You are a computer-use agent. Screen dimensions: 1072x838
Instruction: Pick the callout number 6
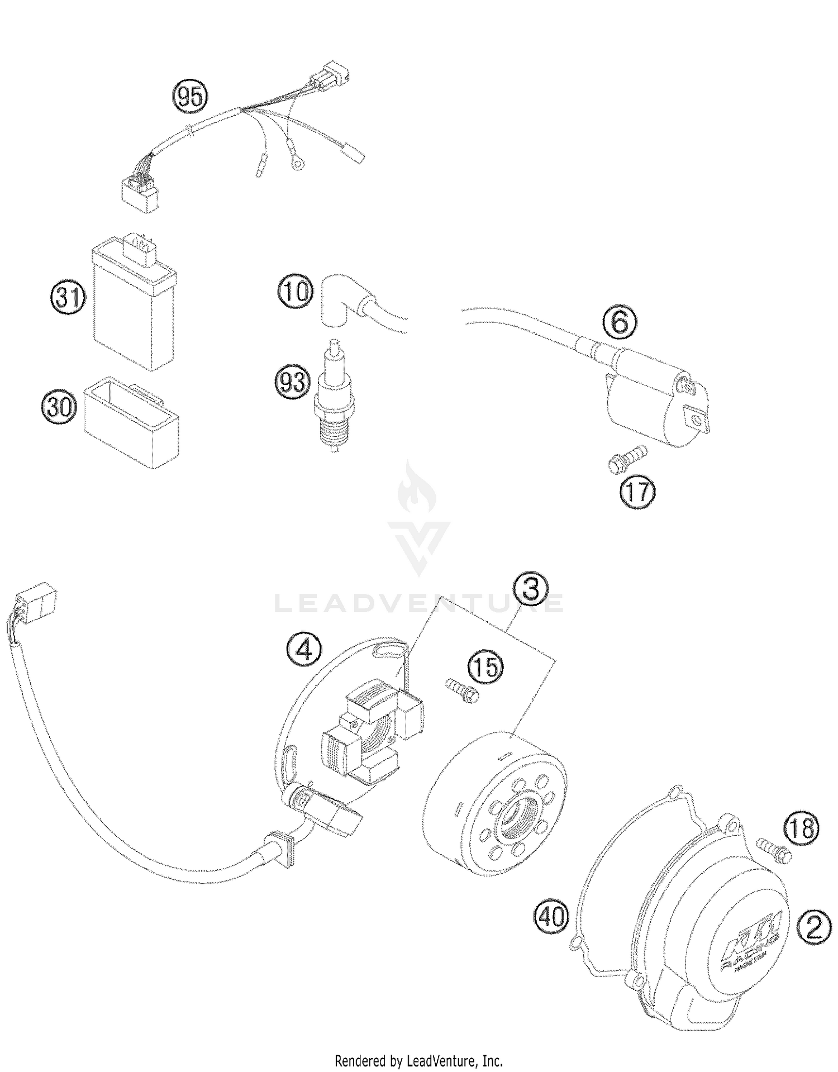(x=619, y=323)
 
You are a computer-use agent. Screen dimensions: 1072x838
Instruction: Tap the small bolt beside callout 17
(x=625, y=460)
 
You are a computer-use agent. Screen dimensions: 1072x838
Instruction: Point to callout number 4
(x=304, y=650)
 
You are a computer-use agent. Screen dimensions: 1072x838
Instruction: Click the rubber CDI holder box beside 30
(x=131, y=421)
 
